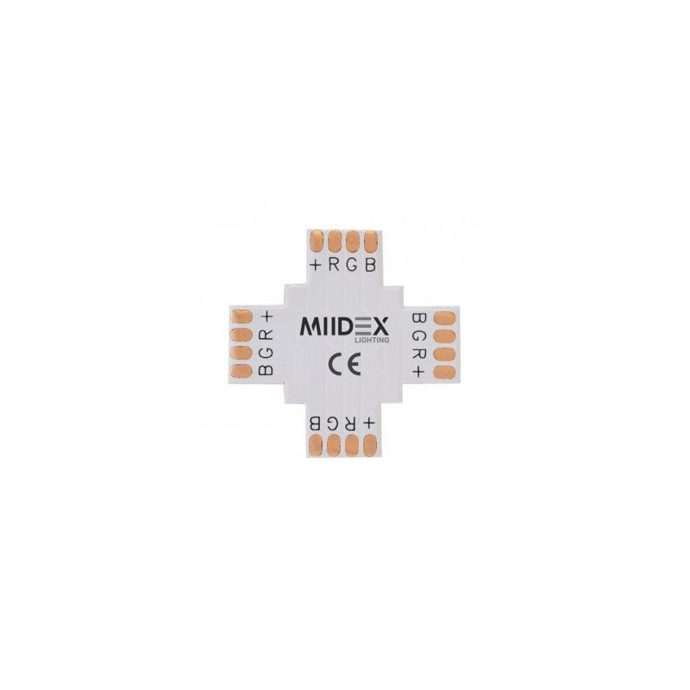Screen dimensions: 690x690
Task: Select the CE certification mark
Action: point(344,364)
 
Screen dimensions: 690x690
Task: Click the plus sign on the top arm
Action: point(315,265)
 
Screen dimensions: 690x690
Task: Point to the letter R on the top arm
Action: point(334,265)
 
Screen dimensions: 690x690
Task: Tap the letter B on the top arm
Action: point(371,265)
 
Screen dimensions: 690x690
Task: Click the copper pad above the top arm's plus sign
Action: point(317,241)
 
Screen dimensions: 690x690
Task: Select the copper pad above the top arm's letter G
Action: point(353,241)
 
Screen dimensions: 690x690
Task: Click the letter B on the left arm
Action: point(267,370)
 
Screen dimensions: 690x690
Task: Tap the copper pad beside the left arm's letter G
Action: point(241,353)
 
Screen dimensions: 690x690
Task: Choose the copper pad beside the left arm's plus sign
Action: point(241,316)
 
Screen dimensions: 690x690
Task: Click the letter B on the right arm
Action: point(420,317)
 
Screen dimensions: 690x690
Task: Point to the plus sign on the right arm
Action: point(420,372)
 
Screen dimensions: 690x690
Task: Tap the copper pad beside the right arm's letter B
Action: point(444,317)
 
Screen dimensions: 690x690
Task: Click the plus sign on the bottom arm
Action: point(368,423)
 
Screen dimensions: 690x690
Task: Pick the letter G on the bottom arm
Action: point(332,423)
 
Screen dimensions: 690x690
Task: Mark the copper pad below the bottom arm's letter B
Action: point(316,445)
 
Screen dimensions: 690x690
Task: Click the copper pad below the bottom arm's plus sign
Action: point(370,445)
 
